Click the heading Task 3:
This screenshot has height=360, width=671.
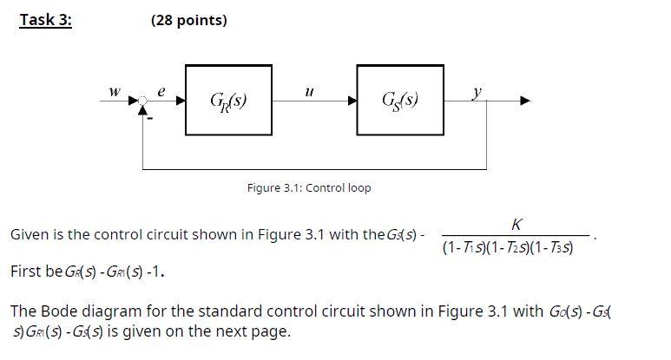click(x=46, y=20)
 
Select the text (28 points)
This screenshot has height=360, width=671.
click(x=188, y=20)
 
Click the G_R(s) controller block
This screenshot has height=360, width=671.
click(x=228, y=100)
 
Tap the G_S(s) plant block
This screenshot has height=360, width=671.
click(x=399, y=100)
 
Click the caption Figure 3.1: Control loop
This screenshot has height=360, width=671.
click(x=309, y=187)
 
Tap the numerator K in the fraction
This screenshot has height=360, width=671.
click(x=518, y=224)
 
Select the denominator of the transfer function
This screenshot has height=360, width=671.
click(x=518, y=248)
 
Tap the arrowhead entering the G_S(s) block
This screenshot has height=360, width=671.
click(x=352, y=101)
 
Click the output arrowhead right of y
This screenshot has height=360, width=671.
click(x=524, y=101)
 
